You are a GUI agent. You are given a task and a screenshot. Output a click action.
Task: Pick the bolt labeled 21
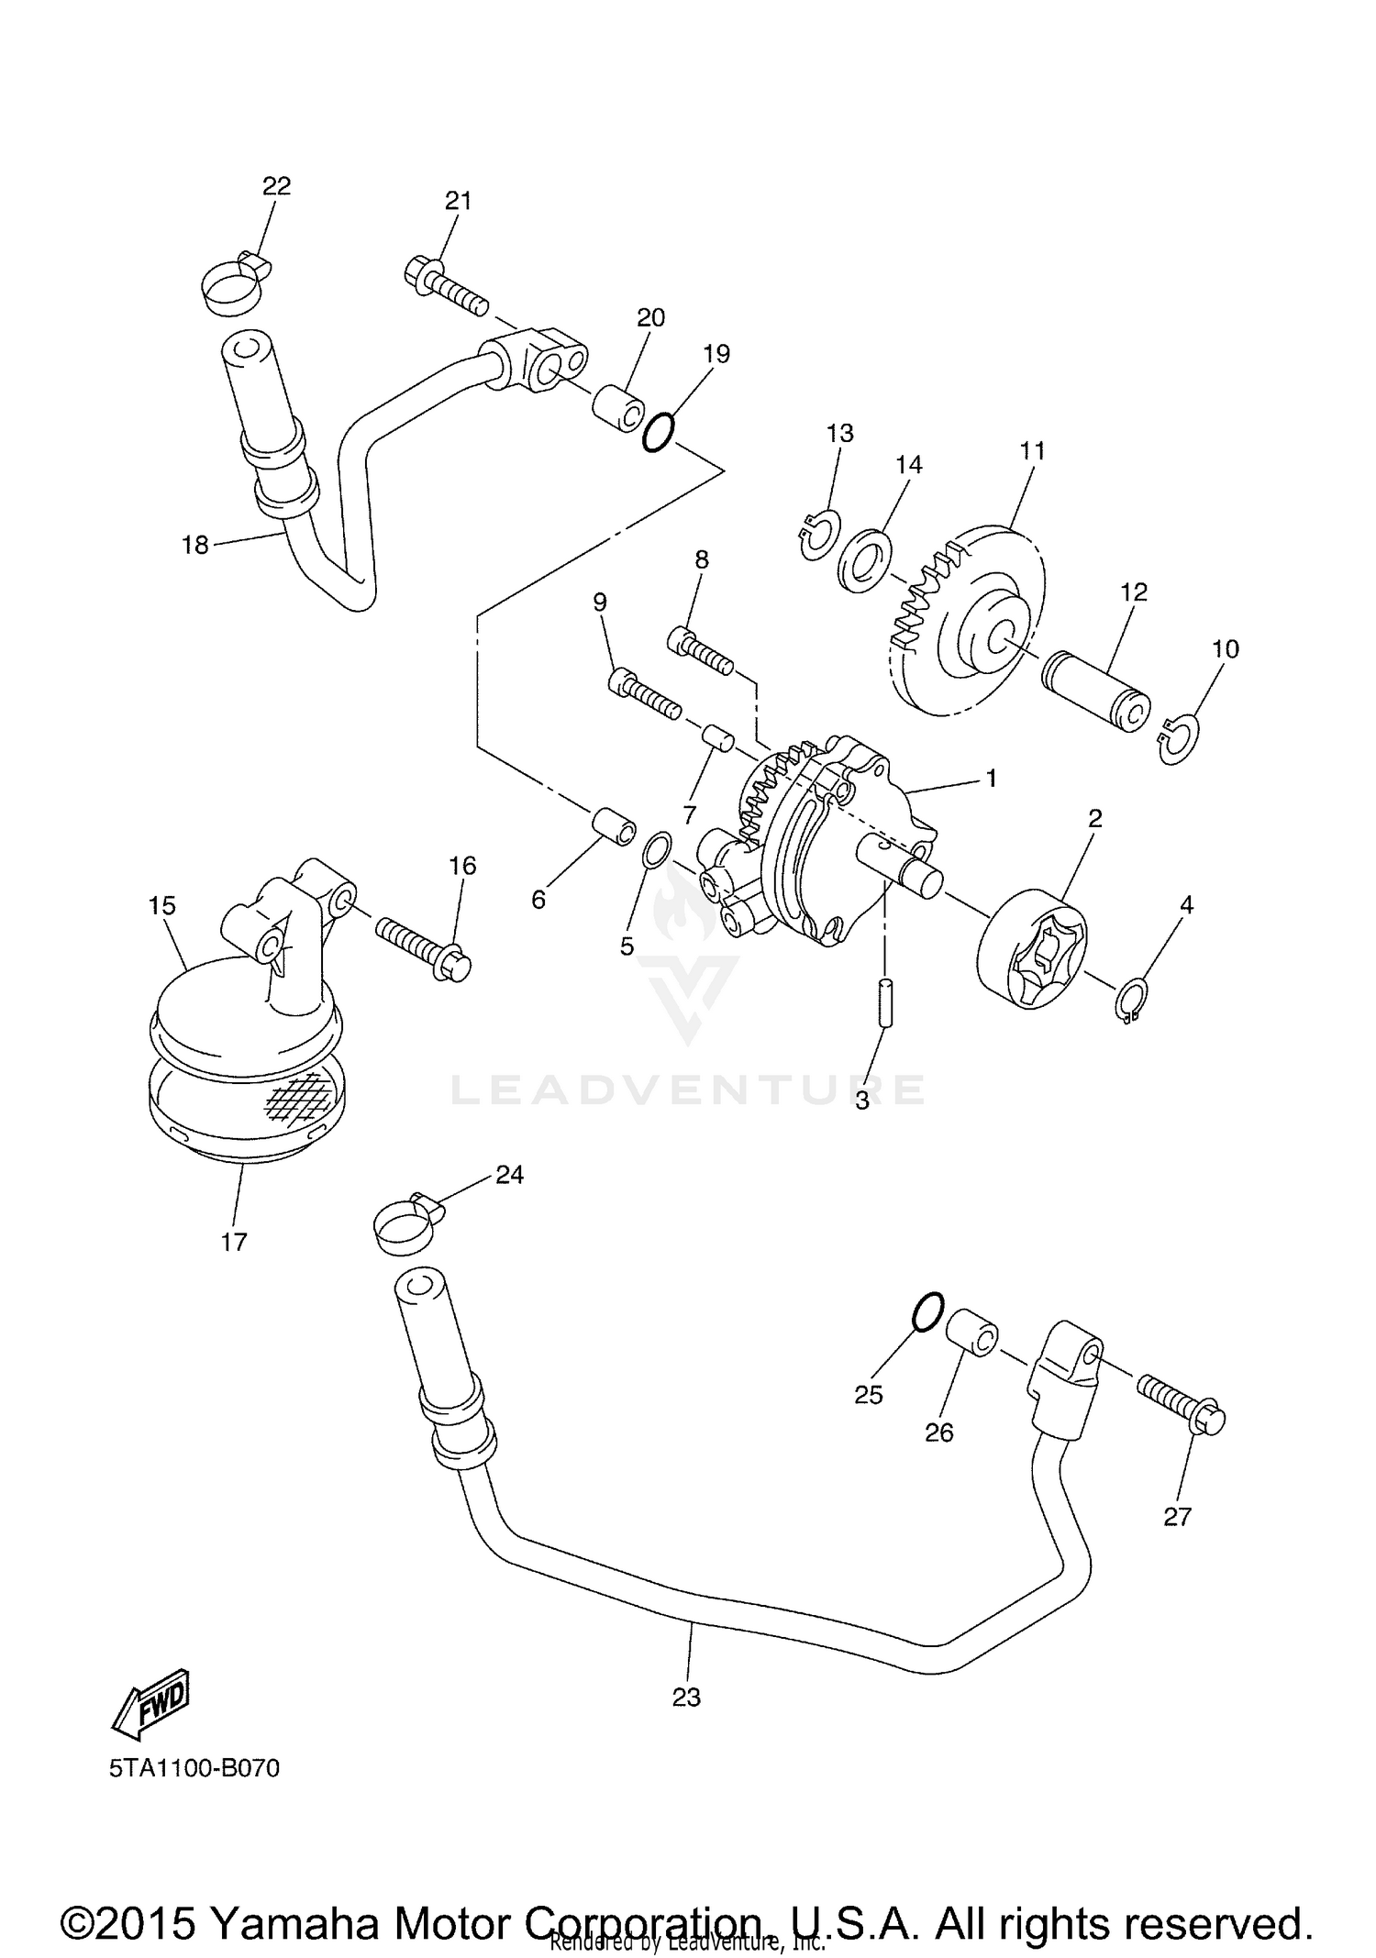pos(444,285)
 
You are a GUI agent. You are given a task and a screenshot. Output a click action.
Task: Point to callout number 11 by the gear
pos(1032,450)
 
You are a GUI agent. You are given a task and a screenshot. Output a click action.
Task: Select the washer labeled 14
pos(864,559)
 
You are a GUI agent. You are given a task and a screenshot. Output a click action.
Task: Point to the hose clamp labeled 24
pos(408,1222)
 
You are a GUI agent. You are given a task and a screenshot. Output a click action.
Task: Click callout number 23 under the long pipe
pos(686,1697)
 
